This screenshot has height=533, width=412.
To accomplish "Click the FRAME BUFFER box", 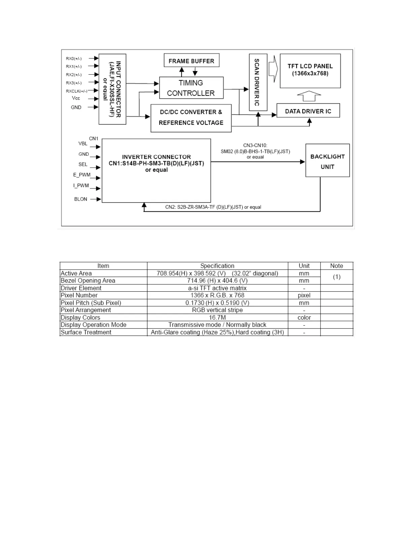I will [x=191, y=61].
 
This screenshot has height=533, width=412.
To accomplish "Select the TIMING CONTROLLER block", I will [x=191, y=88].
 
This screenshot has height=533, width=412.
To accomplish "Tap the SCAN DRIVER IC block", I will [x=257, y=82].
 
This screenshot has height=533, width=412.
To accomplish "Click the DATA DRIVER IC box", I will [x=308, y=111].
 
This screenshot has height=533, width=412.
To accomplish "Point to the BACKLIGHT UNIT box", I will [x=327, y=161].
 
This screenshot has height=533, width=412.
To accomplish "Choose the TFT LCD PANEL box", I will [x=310, y=71].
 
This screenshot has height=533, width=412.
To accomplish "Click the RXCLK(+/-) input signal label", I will [x=76, y=91].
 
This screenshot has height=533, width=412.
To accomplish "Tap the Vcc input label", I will [x=76, y=98].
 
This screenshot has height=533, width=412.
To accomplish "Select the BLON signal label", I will [x=81, y=199].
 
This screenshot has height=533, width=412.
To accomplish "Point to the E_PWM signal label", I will [x=82, y=175].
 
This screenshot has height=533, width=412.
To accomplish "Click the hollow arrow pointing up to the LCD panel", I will [x=309, y=96].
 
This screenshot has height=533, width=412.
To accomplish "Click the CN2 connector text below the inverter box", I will [x=213, y=207].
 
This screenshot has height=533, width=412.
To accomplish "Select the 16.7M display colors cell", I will [x=217, y=318].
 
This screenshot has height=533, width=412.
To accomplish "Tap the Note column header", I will [x=337, y=266].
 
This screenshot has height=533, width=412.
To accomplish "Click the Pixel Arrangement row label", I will [x=86, y=310].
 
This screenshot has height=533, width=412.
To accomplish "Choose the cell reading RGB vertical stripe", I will [x=217, y=310].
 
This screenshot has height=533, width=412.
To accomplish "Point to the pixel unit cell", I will [x=304, y=295].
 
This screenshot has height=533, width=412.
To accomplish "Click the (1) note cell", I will [x=337, y=277].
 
